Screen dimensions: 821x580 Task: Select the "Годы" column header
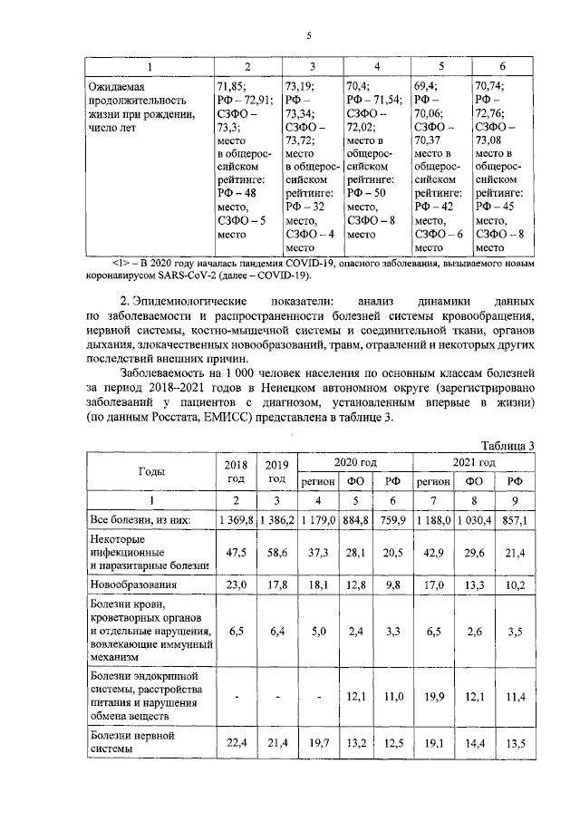tap(150, 470)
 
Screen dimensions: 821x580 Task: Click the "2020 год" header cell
tap(355, 461)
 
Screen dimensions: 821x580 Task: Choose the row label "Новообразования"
tap(133, 585)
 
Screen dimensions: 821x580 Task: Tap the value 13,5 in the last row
tap(515, 744)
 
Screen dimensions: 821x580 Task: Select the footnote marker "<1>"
tap(119, 263)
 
